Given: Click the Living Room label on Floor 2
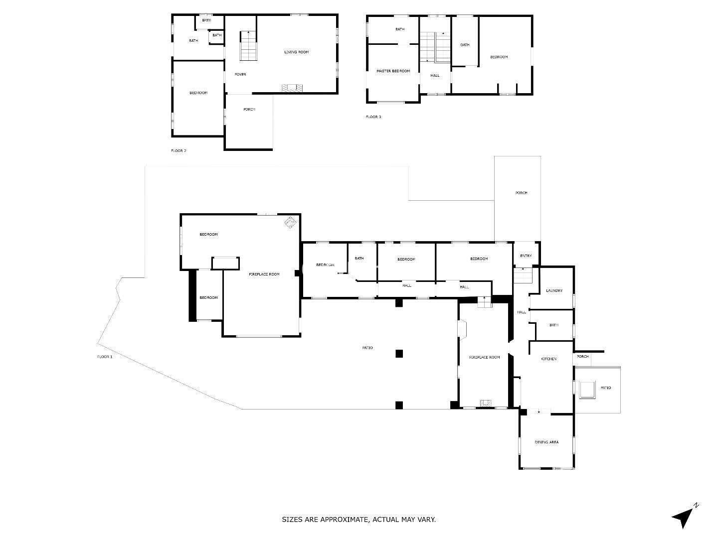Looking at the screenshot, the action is coord(296,52).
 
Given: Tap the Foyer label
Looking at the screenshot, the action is coord(240,75).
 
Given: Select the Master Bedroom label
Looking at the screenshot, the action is coord(393,71).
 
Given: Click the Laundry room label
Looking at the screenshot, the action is coord(554,290).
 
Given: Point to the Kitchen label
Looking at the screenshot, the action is coord(549,359).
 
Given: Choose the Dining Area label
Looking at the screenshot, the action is coord(546,442).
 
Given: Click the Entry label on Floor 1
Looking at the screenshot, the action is coord(526,256).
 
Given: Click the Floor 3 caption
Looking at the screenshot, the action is coord(373,117).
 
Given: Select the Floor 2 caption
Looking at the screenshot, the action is coord(179,150).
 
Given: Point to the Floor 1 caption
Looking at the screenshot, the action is coord(105,357).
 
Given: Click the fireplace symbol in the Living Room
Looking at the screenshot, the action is coord(292,88).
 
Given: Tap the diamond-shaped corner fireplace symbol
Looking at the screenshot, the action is coord(290,223).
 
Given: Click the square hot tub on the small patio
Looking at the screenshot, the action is coord(587,390).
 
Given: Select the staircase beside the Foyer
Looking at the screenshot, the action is coord(248,46).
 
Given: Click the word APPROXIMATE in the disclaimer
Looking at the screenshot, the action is coord(344,520).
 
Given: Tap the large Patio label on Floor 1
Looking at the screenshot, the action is coord(367,348).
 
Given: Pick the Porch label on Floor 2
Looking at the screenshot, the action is coord(249,109).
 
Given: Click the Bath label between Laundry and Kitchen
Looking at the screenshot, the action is coord(554,325).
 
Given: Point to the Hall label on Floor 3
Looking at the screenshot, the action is coord(435,75).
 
